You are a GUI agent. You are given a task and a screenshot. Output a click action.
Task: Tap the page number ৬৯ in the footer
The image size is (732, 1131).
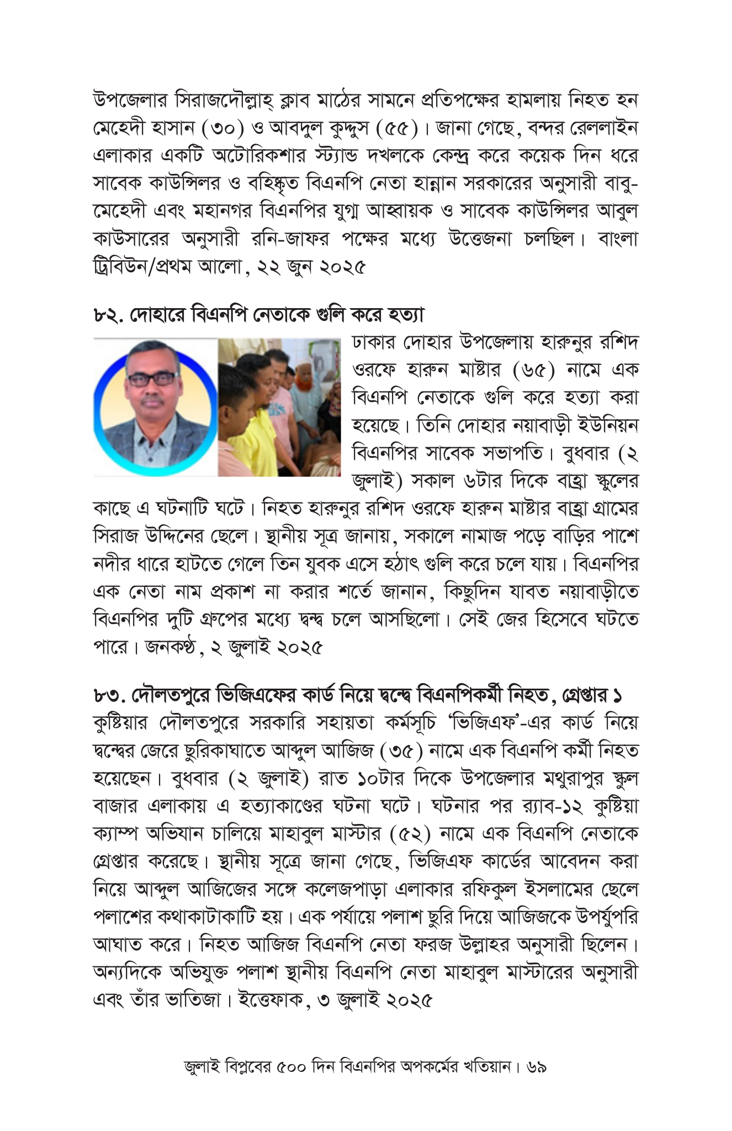click(x=537, y=1067)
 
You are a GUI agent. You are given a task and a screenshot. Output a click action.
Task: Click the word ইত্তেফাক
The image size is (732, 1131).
click(x=271, y=1001)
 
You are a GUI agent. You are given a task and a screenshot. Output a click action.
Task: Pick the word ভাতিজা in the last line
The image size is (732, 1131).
click(x=192, y=1001)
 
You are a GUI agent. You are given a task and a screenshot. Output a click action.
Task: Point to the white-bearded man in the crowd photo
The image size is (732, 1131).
click(x=306, y=387)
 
